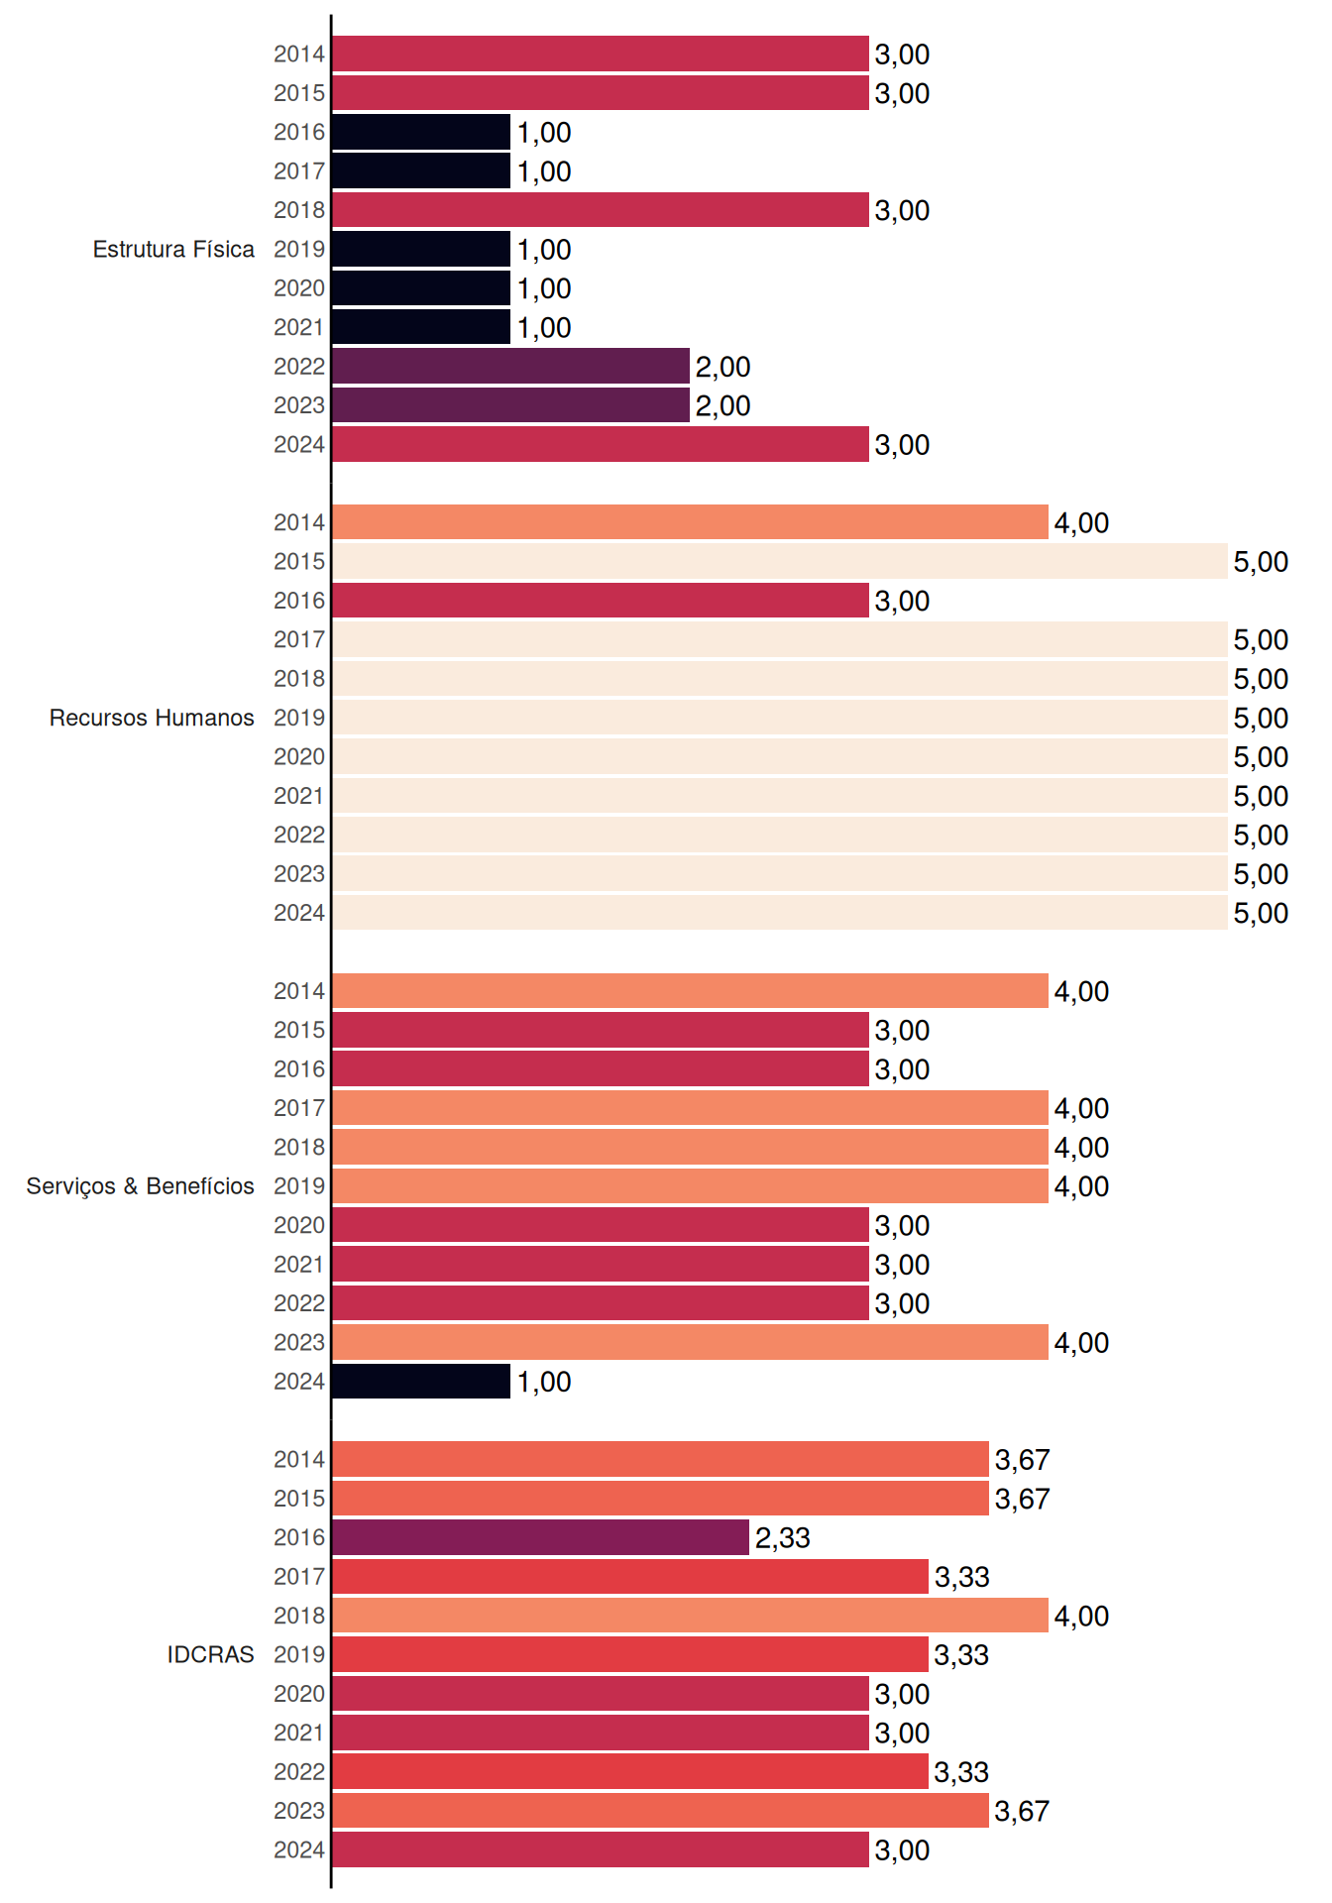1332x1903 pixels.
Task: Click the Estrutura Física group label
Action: (x=173, y=249)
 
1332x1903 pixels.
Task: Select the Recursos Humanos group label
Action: (x=152, y=718)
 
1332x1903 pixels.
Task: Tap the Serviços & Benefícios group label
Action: (x=140, y=1186)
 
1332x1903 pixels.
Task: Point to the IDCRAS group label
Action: (x=210, y=1654)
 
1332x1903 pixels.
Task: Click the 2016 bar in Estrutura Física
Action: (x=421, y=132)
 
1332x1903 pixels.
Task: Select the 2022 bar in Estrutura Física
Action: (x=510, y=366)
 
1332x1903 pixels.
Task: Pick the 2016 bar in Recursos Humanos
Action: (x=601, y=601)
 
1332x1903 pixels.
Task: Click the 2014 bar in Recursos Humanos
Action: (x=690, y=522)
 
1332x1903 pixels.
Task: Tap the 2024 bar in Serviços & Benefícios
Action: (x=421, y=1381)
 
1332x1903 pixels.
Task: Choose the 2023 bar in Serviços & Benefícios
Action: (x=690, y=1342)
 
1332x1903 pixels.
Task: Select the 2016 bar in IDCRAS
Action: (x=540, y=1537)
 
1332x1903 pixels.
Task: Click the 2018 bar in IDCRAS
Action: (x=690, y=1616)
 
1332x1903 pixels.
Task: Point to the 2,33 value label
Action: (x=783, y=1538)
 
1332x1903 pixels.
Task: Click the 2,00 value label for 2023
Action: (x=723, y=406)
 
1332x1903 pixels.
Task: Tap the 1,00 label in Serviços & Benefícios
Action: (x=544, y=1382)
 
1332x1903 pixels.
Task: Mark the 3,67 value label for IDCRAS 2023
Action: (x=1022, y=1812)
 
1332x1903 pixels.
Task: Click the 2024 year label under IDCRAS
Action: (x=299, y=1849)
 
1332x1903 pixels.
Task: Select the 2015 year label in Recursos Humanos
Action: (x=299, y=561)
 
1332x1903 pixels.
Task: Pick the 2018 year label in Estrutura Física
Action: (x=299, y=210)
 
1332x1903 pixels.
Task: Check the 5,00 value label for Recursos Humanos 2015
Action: (x=1261, y=562)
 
